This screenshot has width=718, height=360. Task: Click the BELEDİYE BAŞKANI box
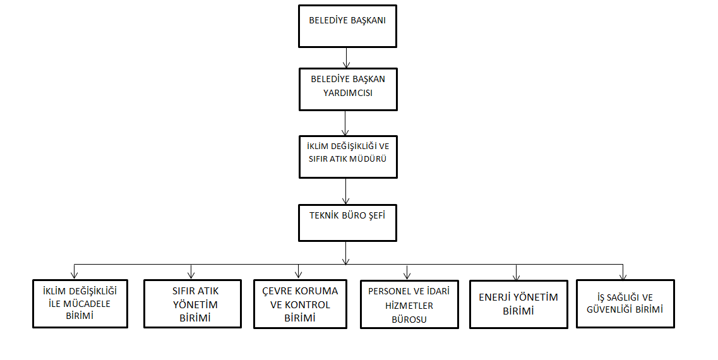pos(347,25)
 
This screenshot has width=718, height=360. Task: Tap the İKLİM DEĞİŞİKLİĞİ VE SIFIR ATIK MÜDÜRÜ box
pos(347,156)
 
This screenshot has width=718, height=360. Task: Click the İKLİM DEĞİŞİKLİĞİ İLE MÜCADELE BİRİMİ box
pos(80,304)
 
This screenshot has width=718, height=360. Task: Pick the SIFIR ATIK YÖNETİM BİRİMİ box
pos(193,304)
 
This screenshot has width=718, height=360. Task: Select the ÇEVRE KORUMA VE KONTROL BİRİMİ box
pos(300,304)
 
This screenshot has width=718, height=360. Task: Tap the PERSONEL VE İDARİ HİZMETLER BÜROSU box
pos(409,304)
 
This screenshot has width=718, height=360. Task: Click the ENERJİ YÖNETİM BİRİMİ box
pos(518,304)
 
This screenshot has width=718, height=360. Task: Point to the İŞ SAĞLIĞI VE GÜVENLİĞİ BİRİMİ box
pos(625,304)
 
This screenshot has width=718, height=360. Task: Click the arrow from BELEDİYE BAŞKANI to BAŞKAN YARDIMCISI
pos(346,57)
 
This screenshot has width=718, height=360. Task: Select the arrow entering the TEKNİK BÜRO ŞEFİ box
pos(346,189)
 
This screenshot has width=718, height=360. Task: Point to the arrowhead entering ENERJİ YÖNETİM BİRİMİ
pos(517,276)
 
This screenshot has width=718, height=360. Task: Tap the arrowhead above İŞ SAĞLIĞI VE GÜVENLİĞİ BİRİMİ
pos(623,276)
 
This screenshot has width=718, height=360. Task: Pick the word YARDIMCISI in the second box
pos(347,93)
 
